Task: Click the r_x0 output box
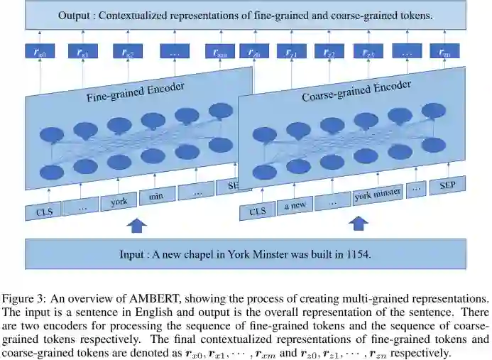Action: point(40,52)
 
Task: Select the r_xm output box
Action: point(220,52)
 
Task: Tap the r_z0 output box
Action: point(253,52)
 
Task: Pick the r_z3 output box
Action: point(368,52)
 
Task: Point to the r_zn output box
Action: point(444,52)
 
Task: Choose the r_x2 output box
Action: point(128,52)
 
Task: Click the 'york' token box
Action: point(119,202)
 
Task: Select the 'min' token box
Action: point(157,195)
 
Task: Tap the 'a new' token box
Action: point(295,204)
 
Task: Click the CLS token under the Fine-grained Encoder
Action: point(43,211)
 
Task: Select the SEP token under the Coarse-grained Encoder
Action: point(447,185)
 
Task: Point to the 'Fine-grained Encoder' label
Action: point(135,92)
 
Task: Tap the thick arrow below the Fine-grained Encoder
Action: point(136,226)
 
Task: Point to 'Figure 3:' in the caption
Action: point(26,298)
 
